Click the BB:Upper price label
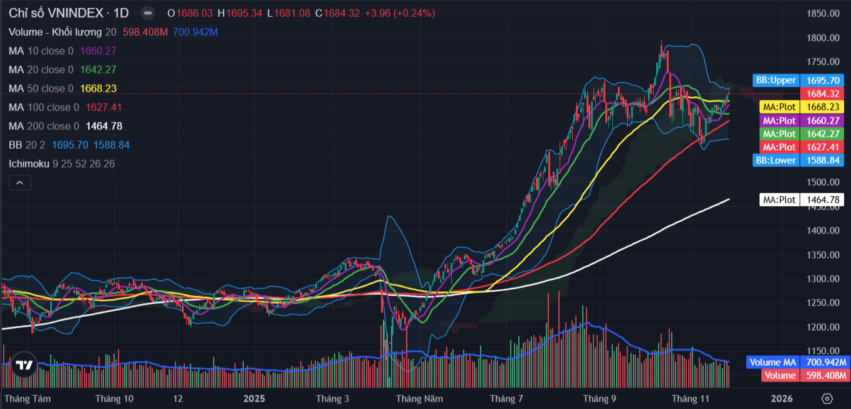[798, 80]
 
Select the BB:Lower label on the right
[798, 160]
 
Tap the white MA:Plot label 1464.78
[801, 200]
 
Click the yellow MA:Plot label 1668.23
[801, 107]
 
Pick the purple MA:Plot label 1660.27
[801, 120]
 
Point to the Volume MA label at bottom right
[796, 362]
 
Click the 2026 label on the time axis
[781, 398]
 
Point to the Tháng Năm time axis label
[419, 398]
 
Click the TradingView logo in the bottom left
[24, 366]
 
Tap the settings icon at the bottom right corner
[827, 398]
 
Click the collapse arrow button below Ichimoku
[19, 183]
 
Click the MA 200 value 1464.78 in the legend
[104, 126]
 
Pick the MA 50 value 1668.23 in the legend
[98, 88]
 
